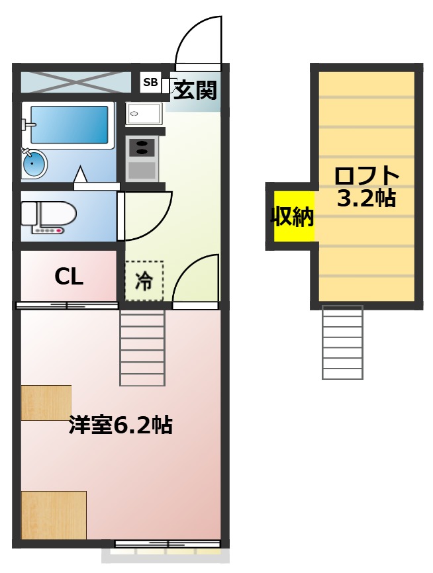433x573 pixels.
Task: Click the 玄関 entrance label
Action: coord(195,90)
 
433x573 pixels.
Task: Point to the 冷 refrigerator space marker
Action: coord(144,281)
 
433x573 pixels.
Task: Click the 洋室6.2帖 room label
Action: coord(120,425)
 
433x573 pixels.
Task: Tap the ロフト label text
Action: coord(367,177)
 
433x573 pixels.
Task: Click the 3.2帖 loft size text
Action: coord(366,198)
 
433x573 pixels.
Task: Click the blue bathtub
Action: coord(69,124)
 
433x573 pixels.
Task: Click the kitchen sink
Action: coord(144,114)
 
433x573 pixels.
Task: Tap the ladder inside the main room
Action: coord(142,347)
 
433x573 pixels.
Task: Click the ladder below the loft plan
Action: coord(342,342)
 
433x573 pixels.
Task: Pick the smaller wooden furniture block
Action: coord(46,402)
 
